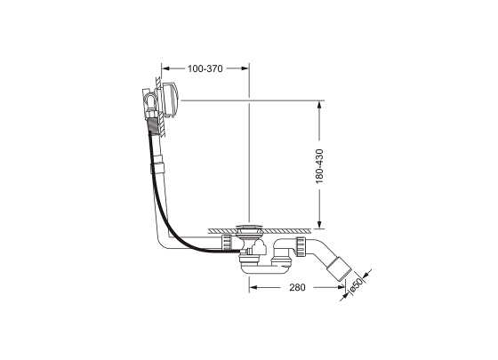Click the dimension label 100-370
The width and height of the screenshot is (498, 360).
click(205, 68)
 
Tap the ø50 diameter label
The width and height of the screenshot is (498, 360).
click(355, 286)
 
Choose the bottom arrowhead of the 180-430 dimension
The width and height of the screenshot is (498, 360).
click(319, 223)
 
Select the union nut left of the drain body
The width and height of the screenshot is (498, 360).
click(229, 242)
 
